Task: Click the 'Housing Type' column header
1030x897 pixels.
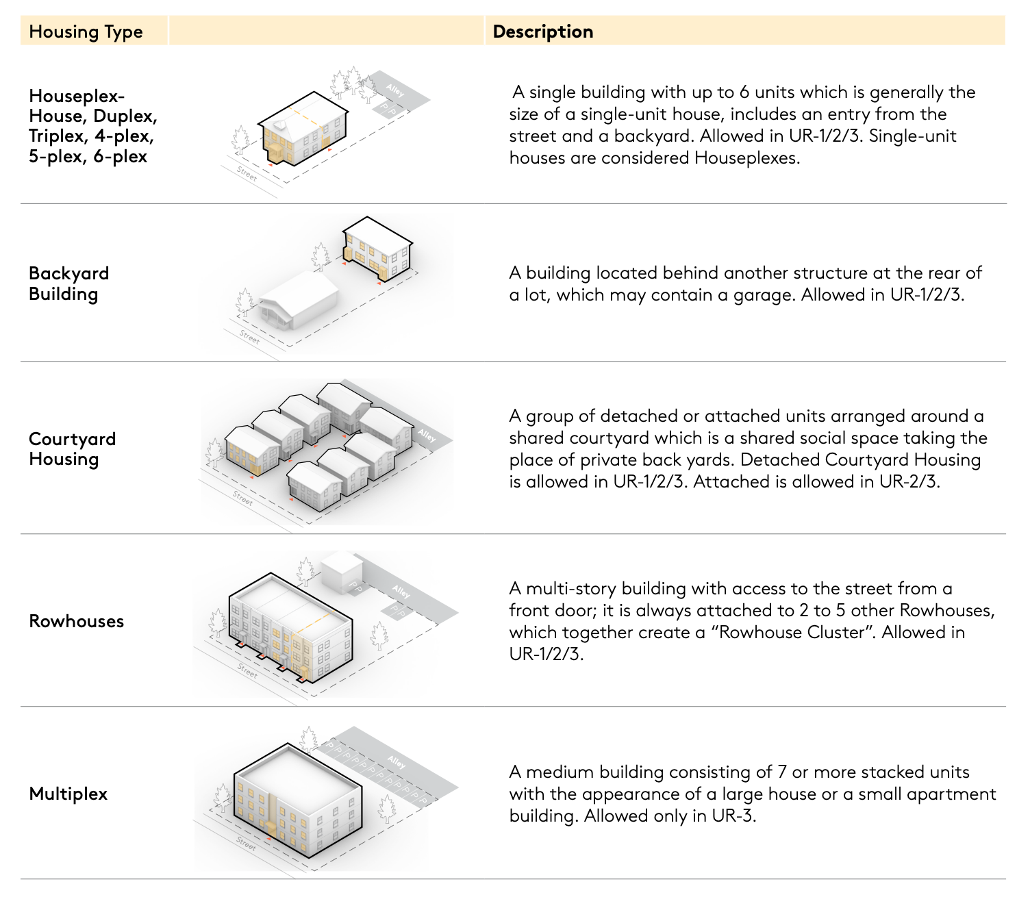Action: [86, 32]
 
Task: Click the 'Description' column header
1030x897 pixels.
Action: [542, 32]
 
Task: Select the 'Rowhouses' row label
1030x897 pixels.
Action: [77, 621]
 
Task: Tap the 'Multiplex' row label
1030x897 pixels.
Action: [68, 794]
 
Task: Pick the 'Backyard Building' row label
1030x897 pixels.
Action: [68, 283]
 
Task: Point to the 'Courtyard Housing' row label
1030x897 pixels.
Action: [72, 449]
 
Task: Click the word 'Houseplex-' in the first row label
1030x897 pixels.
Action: [77, 96]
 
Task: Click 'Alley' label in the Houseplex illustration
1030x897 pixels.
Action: [395, 90]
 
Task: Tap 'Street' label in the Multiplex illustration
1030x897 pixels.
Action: [247, 843]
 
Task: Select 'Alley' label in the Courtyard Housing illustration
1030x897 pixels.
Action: [427, 435]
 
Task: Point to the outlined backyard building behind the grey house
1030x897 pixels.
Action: [377, 249]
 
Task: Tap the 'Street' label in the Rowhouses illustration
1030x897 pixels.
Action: [247, 670]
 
